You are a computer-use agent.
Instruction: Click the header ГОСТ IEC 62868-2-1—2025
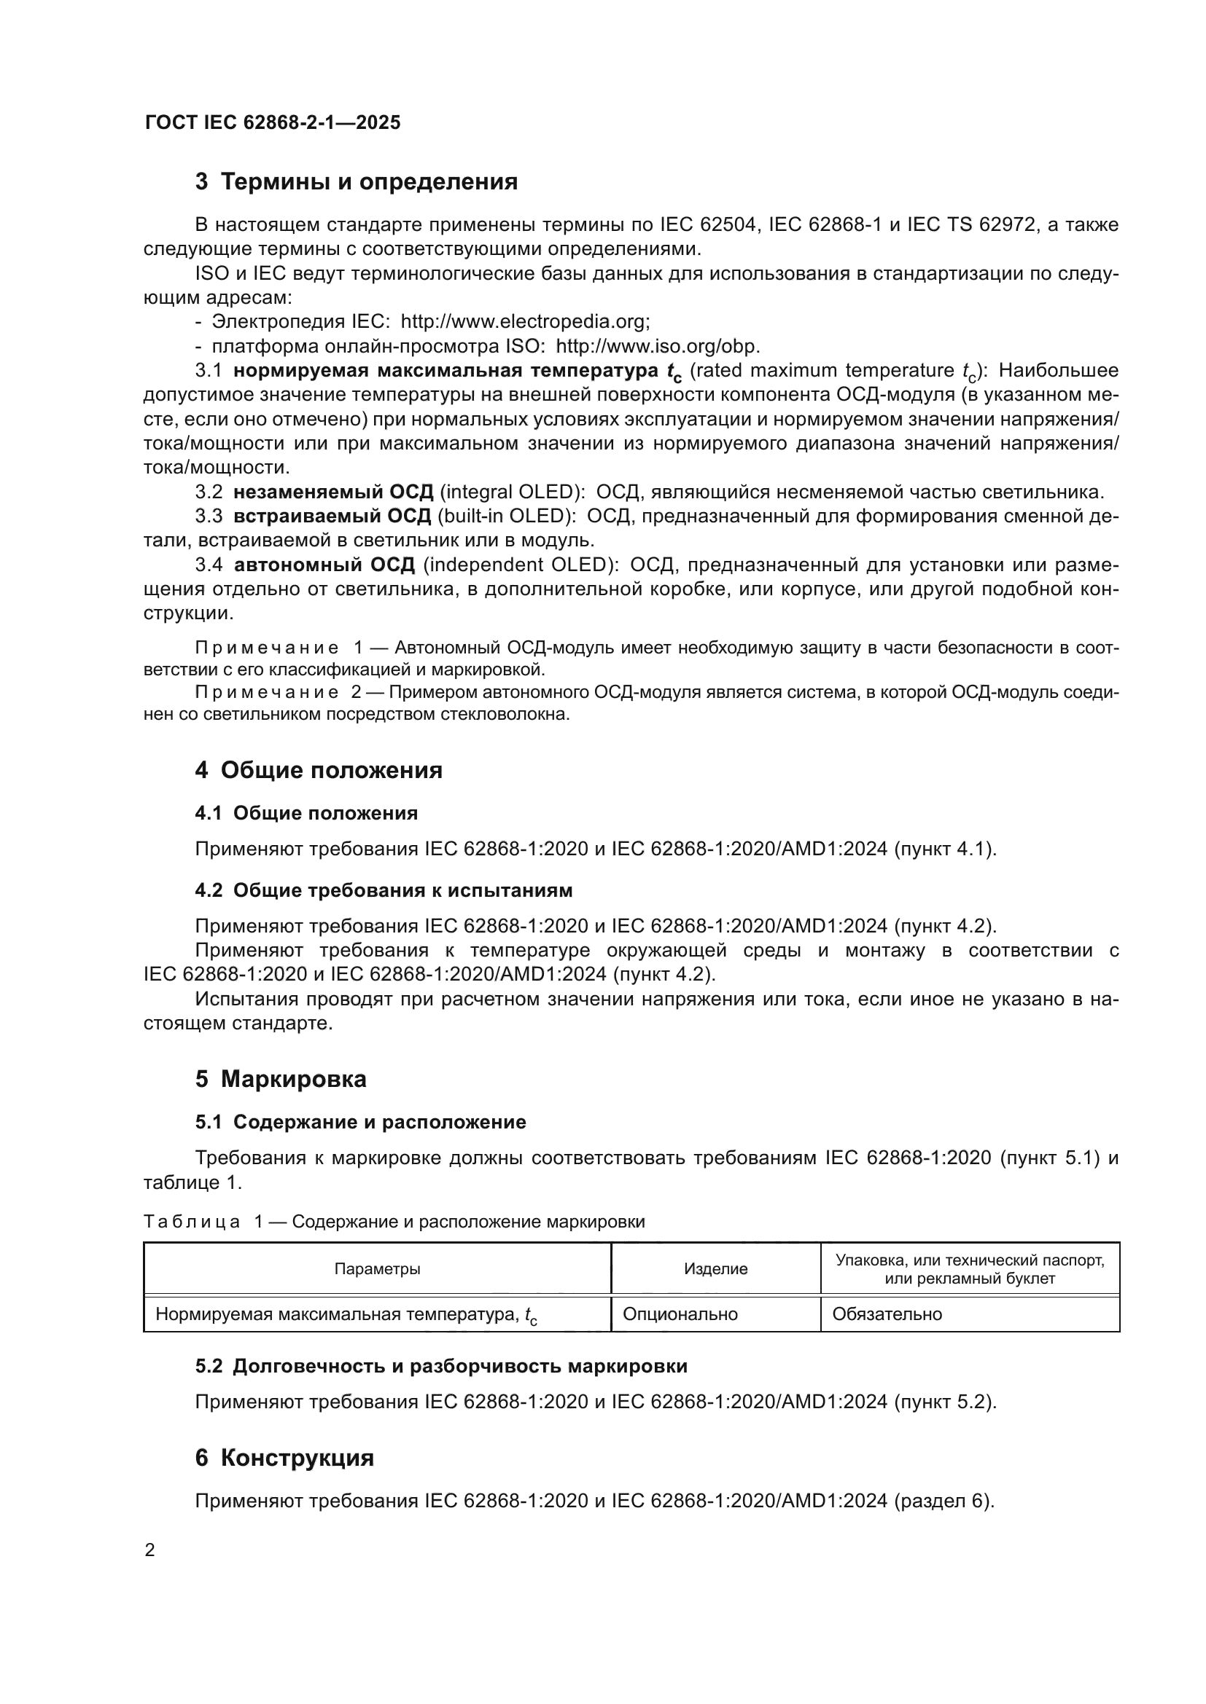273,122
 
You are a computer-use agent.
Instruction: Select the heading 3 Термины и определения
357,182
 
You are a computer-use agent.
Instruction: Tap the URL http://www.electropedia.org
524,321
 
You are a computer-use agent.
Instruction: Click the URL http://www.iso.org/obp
656,346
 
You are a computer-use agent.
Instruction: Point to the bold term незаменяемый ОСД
332,492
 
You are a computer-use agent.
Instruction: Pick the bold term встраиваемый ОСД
332,516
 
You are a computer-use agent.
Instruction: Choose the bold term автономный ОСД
324,565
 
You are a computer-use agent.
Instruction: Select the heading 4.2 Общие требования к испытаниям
384,890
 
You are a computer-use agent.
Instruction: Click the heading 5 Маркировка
281,1078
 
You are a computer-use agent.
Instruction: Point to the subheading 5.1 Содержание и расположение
360,1121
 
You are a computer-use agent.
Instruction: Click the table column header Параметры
377,1268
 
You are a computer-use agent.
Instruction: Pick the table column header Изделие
715,1268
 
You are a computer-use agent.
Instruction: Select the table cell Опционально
680,1314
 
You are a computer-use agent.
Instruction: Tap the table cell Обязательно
887,1314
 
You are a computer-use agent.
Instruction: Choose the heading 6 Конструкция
284,1458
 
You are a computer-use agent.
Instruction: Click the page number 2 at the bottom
150,1550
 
